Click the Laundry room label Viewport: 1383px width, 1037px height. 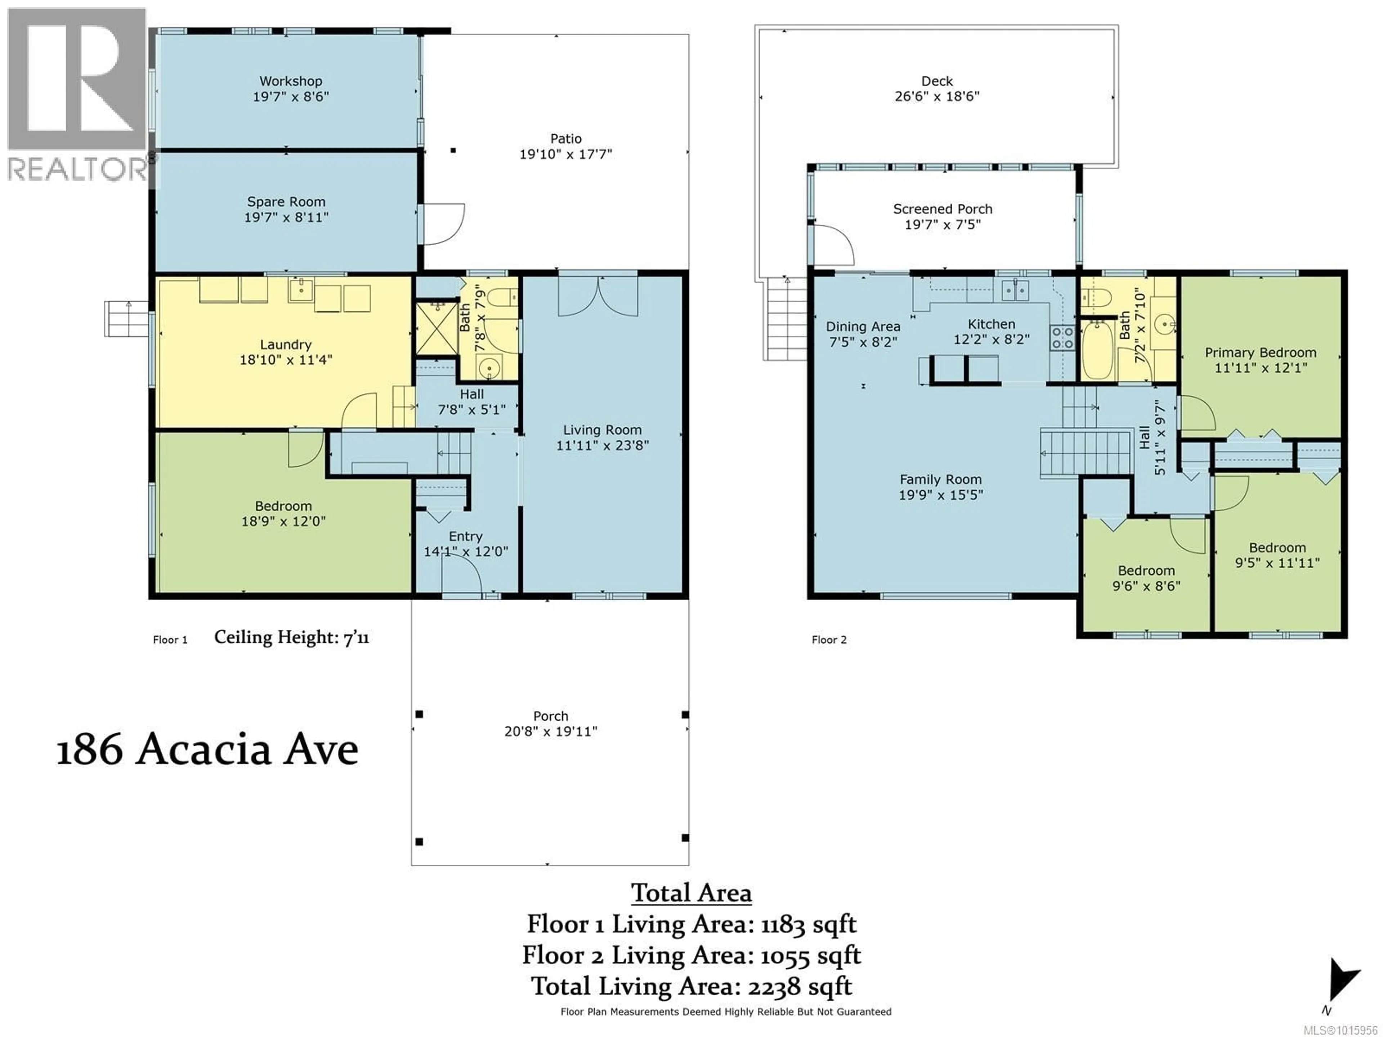[x=286, y=345]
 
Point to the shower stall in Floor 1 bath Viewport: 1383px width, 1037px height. [x=437, y=328]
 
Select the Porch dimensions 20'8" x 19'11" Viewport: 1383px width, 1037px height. [x=550, y=731]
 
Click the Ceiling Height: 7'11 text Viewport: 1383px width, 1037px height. [x=291, y=638]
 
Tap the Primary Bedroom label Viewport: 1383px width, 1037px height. [x=1261, y=353]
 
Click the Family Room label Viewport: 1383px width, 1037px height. [x=940, y=480]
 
